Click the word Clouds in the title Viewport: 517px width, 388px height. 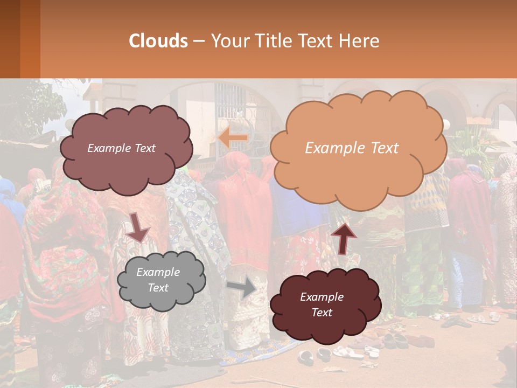tap(158, 41)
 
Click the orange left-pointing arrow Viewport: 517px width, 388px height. tap(233, 138)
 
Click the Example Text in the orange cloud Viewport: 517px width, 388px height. tap(352, 148)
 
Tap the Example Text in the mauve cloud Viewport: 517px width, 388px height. tap(121, 148)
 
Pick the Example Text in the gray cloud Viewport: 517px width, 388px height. tap(158, 280)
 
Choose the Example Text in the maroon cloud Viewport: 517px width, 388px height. tap(322, 304)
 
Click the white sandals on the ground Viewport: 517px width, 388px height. tap(347, 353)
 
